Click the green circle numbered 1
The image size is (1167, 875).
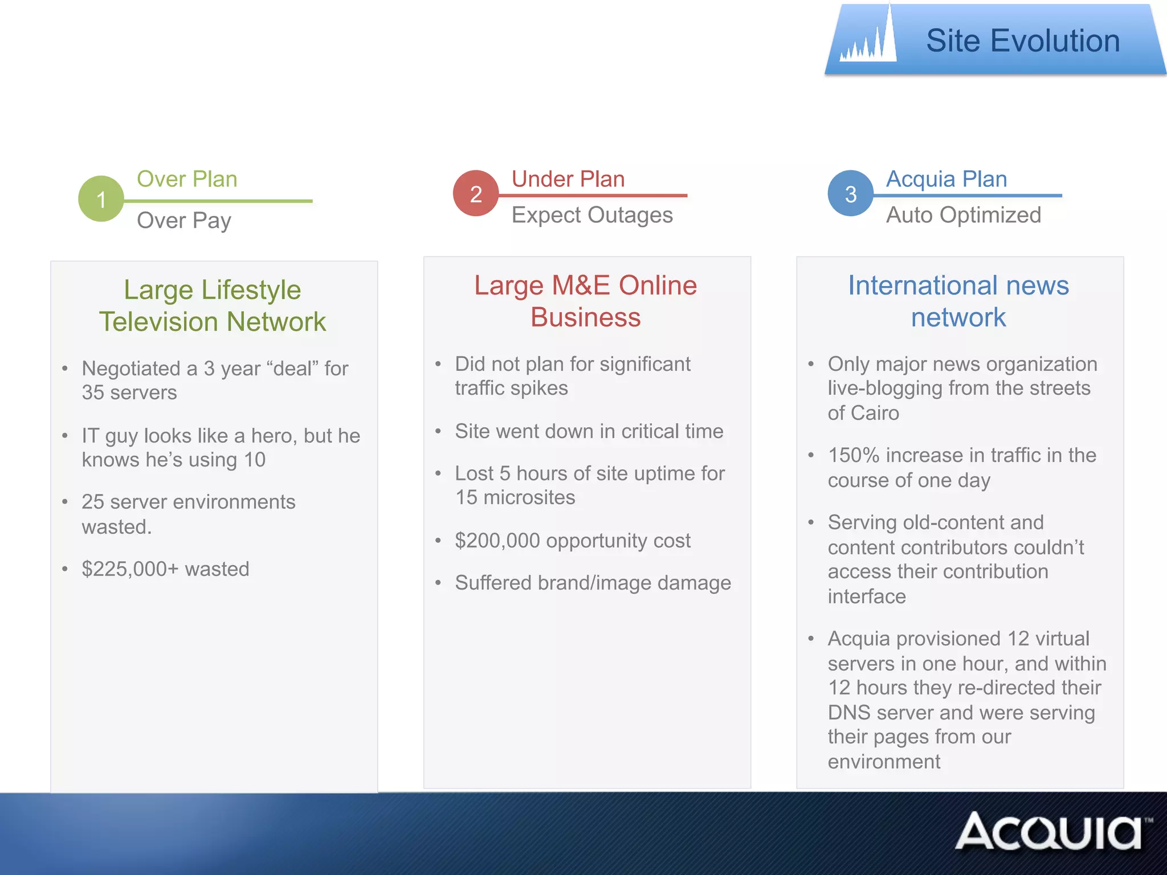click(101, 199)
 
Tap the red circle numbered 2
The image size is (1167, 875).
click(476, 194)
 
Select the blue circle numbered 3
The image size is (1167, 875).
click(850, 194)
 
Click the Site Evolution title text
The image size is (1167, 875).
click(1023, 41)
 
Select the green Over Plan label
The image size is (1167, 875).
click(187, 179)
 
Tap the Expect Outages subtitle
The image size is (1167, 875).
click(592, 215)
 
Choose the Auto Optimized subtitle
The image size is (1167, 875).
click(964, 215)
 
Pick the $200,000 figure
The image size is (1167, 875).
click(497, 541)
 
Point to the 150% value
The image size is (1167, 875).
click(854, 456)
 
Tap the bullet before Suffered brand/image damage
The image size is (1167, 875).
click(438, 583)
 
